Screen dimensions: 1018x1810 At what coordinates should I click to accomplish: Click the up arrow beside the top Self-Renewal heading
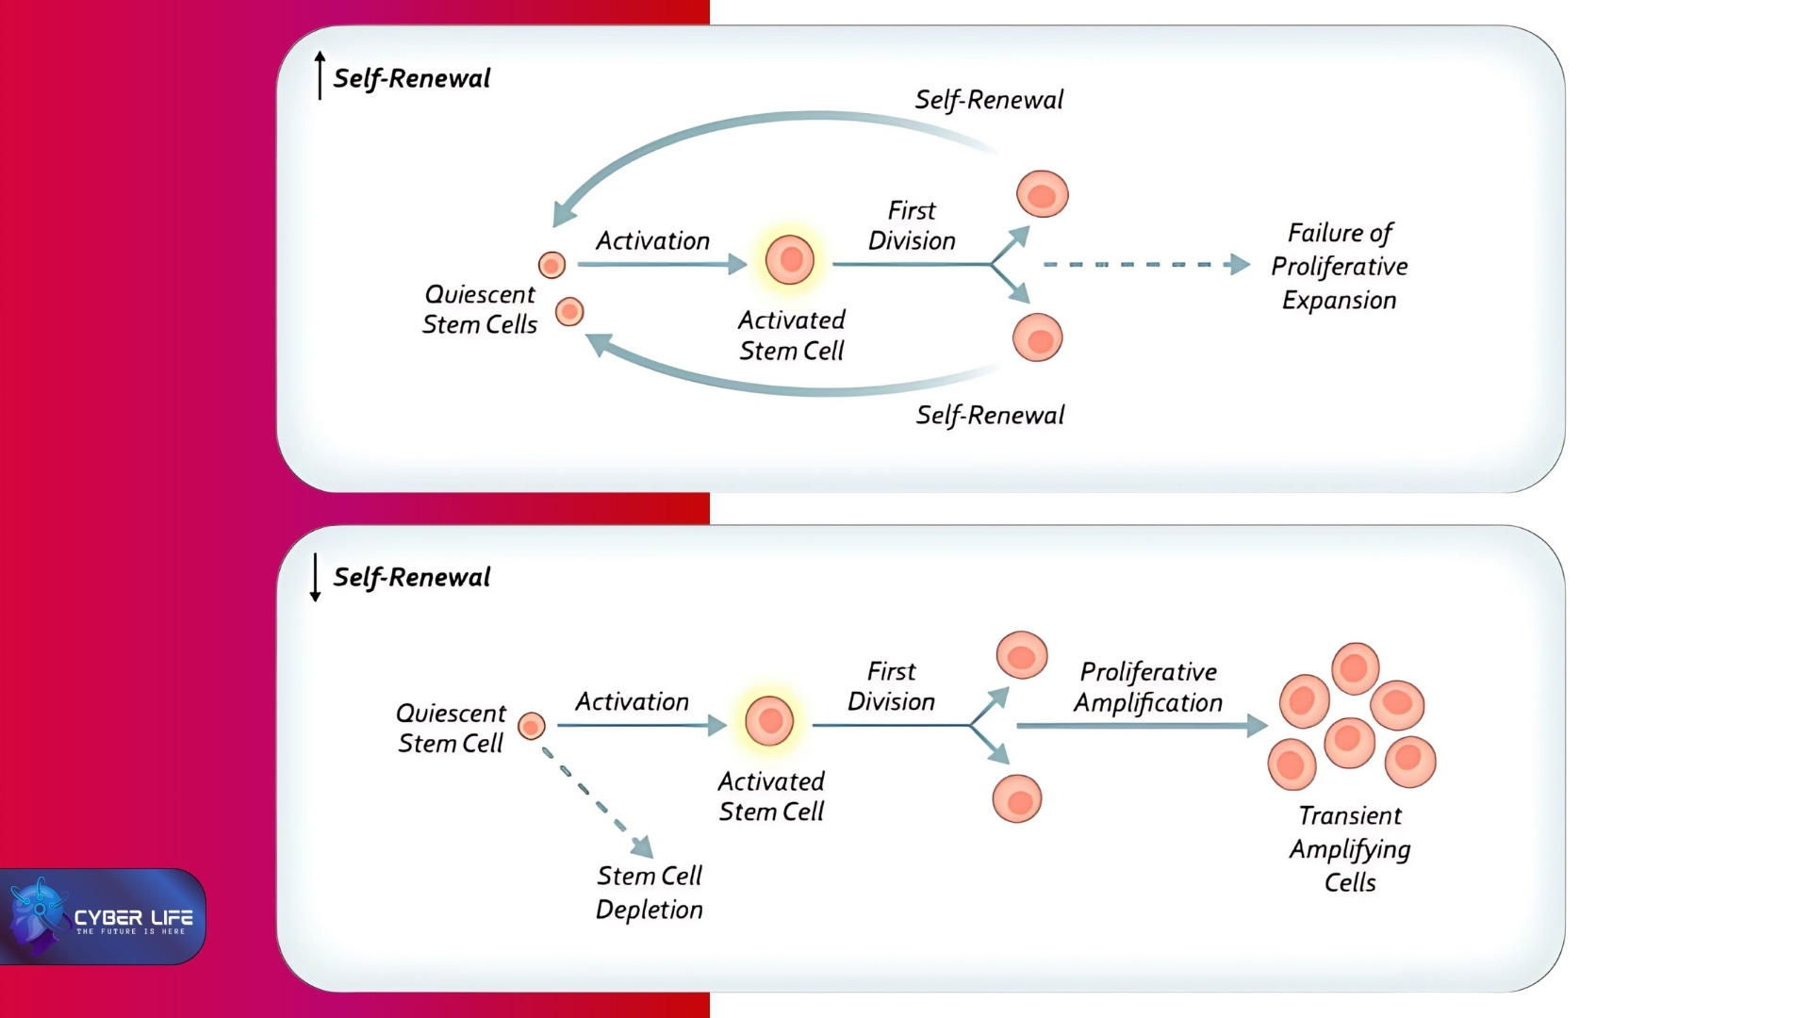[x=320, y=75]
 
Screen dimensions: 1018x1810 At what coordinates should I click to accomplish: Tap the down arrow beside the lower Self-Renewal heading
[x=315, y=577]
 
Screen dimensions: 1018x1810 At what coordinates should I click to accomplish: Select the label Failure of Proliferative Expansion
[x=1339, y=267]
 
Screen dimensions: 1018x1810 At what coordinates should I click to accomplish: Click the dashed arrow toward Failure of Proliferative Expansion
[x=1144, y=265]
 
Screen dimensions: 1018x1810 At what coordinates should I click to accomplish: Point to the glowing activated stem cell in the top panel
[x=790, y=260]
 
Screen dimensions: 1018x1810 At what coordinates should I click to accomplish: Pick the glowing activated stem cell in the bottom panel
[x=769, y=722]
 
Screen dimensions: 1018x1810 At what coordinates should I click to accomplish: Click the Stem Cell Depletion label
[x=650, y=893]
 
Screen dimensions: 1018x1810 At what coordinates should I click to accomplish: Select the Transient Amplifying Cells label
[x=1350, y=849]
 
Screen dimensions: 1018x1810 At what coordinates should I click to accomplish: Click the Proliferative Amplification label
[x=1147, y=687]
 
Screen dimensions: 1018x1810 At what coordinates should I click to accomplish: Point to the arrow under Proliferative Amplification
[x=1141, y=726]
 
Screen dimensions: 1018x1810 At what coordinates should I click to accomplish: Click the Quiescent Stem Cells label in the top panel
[x=479, y=309]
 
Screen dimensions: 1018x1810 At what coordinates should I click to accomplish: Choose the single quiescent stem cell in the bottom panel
[x=532, y=726]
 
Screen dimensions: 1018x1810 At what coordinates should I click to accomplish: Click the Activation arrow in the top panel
[x=661, y=265]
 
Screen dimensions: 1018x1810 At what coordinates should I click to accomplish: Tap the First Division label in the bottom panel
[x=891, y=686]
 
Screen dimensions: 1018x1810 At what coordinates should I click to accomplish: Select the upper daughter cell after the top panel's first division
[x=1042, y=194]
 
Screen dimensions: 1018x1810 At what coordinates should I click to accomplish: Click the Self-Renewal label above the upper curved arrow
[x=989, y=100]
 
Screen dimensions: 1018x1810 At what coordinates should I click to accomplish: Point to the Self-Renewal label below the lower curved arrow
[x=990, y=416]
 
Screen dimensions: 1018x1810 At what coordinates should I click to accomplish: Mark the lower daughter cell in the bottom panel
[x=1017, y=799]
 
